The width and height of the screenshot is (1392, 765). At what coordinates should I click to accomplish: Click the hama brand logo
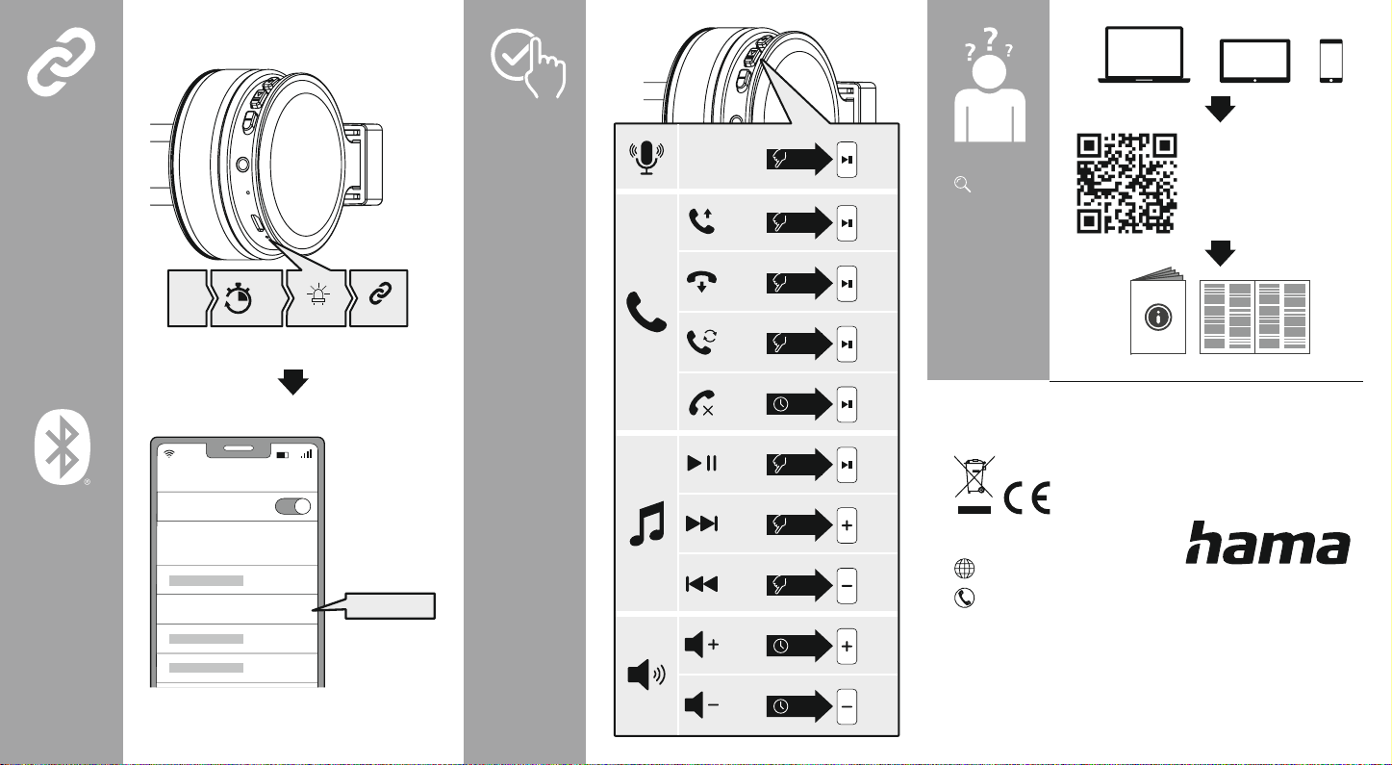[x=1268, y=543]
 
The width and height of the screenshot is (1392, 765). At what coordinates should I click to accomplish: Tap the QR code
[x=1126, y=184]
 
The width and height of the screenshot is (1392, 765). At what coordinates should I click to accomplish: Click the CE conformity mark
[x=1026, y=497]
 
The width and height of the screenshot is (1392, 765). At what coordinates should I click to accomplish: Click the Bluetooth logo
[x=63, y=446]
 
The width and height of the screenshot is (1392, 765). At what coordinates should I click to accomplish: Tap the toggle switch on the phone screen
[x=292, y=506]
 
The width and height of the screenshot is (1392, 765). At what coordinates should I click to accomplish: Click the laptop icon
[x=1144, y=55]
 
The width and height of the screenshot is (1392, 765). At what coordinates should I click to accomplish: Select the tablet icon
[x=1254, y=61]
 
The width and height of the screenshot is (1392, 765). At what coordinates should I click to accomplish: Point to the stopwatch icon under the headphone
[x=238, y=298]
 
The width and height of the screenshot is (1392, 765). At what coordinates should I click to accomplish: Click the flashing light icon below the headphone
[x=318, y=293]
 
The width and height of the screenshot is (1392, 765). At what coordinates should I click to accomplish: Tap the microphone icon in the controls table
[x=646, y=158]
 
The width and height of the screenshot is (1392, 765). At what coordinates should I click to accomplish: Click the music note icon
[x=646, y=523]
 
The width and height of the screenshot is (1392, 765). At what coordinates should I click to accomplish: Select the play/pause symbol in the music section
[x=701, y=463]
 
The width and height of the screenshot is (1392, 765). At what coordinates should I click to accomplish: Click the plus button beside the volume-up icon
[x=847, y=647]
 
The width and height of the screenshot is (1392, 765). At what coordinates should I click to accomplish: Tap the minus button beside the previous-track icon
[x=847, y=586]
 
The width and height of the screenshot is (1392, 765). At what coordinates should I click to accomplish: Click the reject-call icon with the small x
[x=701, y=402]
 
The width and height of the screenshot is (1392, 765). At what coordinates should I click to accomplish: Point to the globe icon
[x=965, y=568]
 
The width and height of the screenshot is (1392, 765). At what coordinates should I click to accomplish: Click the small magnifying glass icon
[x=962, y=184]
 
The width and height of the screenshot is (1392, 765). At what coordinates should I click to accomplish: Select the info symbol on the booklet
[x=1157, y=317]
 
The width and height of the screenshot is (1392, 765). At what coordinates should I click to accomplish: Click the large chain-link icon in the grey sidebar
[x=61, y=62]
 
